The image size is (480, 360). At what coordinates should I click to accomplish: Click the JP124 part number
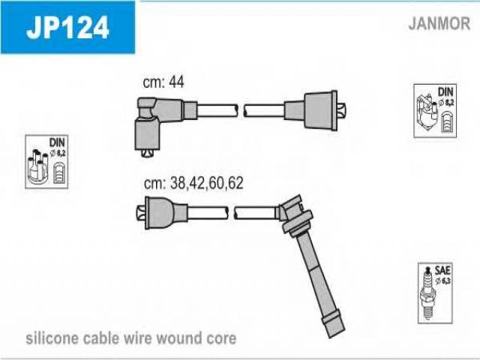pos(67,27)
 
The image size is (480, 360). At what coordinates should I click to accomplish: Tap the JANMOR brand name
pos(439,23)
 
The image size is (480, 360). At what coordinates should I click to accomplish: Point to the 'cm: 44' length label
pos(163,82)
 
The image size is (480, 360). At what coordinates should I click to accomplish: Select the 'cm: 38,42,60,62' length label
pos(193,183)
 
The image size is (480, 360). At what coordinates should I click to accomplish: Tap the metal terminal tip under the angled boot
pos(147,153)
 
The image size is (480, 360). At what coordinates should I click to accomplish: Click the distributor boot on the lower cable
pos(162,213)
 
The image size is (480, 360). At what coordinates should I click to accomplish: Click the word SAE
pos(442,270)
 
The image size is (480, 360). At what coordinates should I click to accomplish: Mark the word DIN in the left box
pos(57,142)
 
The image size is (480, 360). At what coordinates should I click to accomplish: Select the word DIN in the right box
pos(445,91)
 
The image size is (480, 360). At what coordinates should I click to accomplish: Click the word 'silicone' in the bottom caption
pos(52,338)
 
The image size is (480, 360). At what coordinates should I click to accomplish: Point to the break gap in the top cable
pos(241,111)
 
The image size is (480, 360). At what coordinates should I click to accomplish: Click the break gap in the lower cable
pos(231,213)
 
